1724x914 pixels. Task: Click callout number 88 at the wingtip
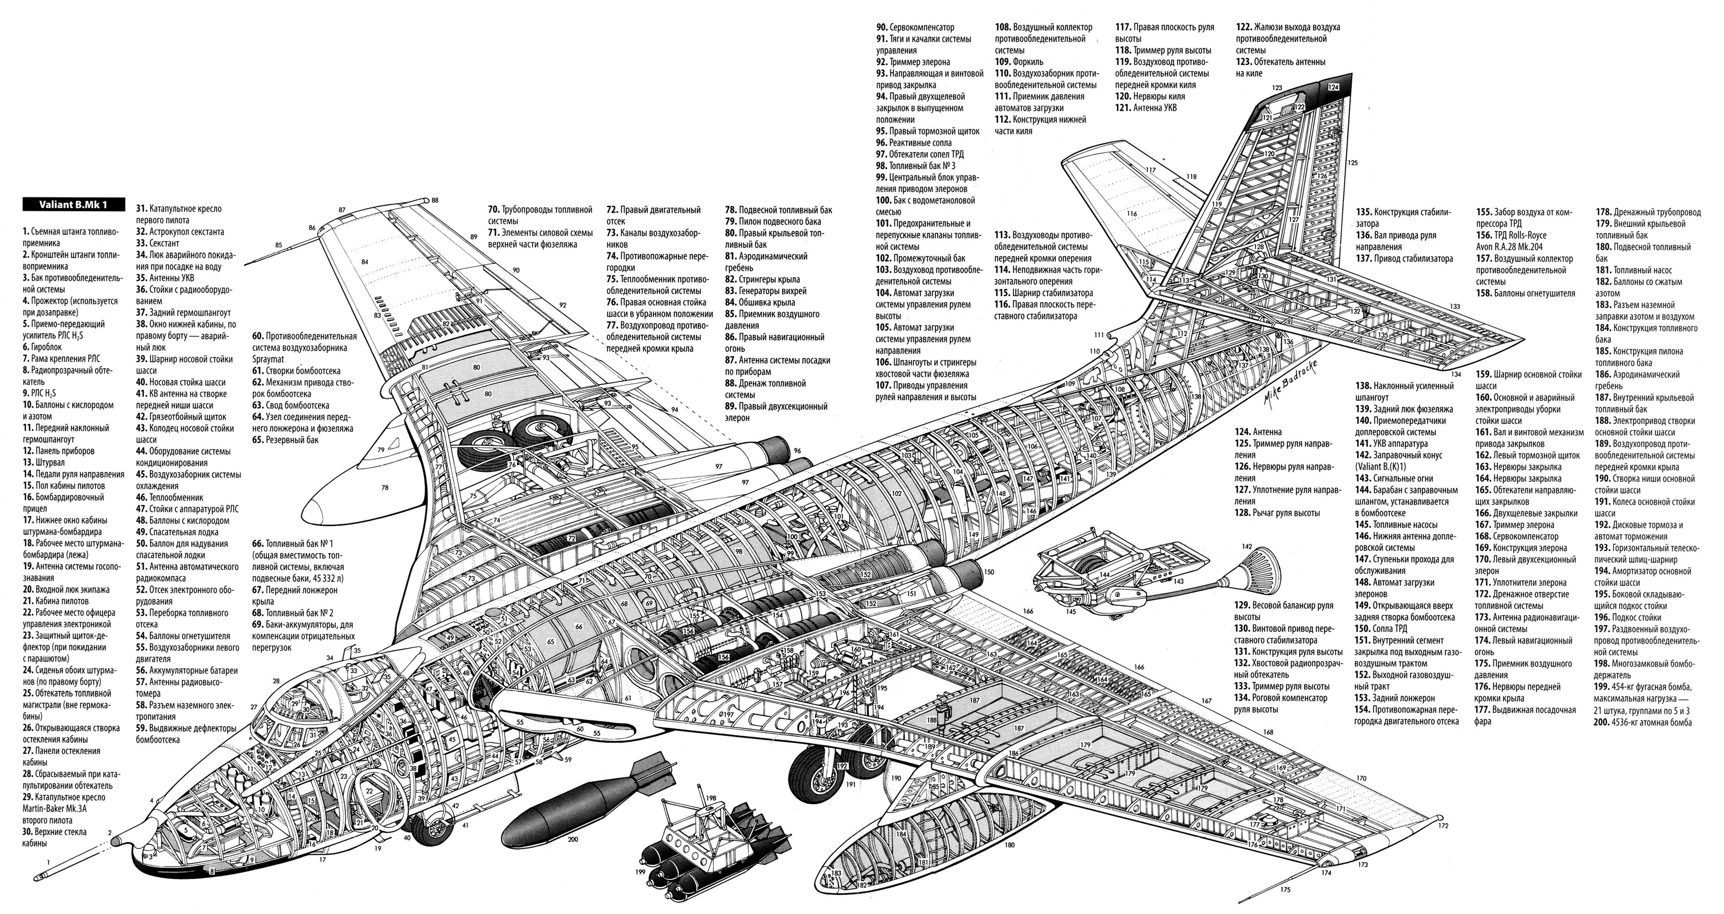point(435,200)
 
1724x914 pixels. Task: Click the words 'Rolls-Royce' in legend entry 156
point(1520,235)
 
